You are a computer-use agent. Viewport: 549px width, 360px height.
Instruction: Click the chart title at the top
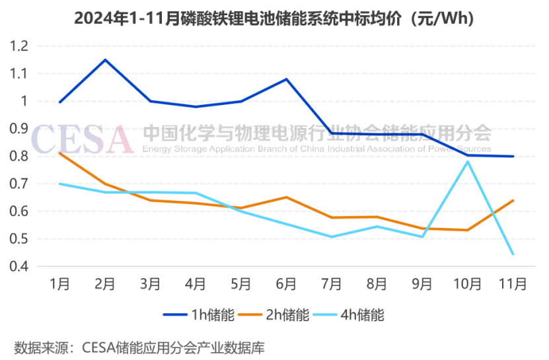(274, 18)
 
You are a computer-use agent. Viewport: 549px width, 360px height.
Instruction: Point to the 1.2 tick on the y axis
(20, 46)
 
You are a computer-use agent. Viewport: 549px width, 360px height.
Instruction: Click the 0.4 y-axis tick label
(20, 266)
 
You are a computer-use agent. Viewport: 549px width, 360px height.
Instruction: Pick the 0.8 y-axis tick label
(20, 157)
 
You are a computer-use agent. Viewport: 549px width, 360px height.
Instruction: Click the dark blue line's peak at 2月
(105, 60)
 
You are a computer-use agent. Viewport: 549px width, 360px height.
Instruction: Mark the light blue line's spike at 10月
(467, 161)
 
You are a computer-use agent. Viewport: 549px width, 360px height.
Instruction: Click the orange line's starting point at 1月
(60, 153)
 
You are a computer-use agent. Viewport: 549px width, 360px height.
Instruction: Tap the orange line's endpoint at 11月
(513, 200)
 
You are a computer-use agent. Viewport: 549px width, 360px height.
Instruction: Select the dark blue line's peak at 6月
(286, 79)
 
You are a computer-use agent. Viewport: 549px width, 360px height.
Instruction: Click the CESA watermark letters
(83, 138)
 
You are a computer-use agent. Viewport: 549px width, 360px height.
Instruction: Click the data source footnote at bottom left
(139, 346)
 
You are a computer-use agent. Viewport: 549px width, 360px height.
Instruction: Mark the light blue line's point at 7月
(331, 236)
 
